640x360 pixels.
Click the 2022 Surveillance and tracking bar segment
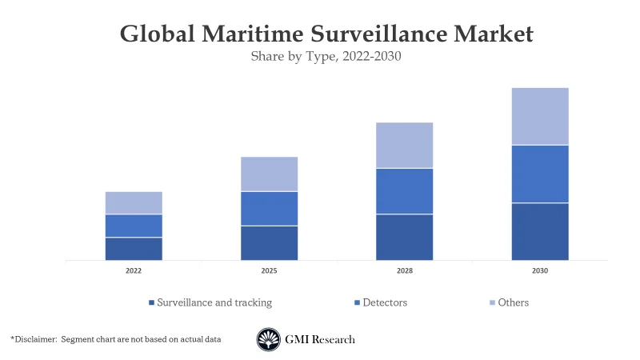click(x=134, y=249)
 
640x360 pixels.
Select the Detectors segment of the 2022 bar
click(x=134, y=226)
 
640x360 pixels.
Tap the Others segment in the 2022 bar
click(x=134, y=202)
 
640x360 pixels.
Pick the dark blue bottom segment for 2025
click(x=269, y=243)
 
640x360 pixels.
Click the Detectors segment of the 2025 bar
click(x=269, y=208)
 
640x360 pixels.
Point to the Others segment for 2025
click(x=269, y=174)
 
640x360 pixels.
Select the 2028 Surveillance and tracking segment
click(x=405, y=237)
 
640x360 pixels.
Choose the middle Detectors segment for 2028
click(x=405, y=191)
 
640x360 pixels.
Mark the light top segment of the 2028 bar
click(x=405, y=145)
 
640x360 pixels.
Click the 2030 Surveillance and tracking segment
click(x=540, y=231)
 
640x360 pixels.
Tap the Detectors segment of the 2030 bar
click(x=540, y=174)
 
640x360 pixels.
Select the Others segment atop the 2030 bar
click(x=540, y=116)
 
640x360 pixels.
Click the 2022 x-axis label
click(x=134, y=271)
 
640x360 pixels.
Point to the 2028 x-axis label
click(x=405, y=271)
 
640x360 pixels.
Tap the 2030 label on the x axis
click(x=540, y=271)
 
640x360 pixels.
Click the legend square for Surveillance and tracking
click(x=151, y=303)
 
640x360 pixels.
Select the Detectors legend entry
click(x=385, y=302)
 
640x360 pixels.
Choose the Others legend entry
click(x=513, y=302)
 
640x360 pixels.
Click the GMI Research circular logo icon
click(x=269, y=340)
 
